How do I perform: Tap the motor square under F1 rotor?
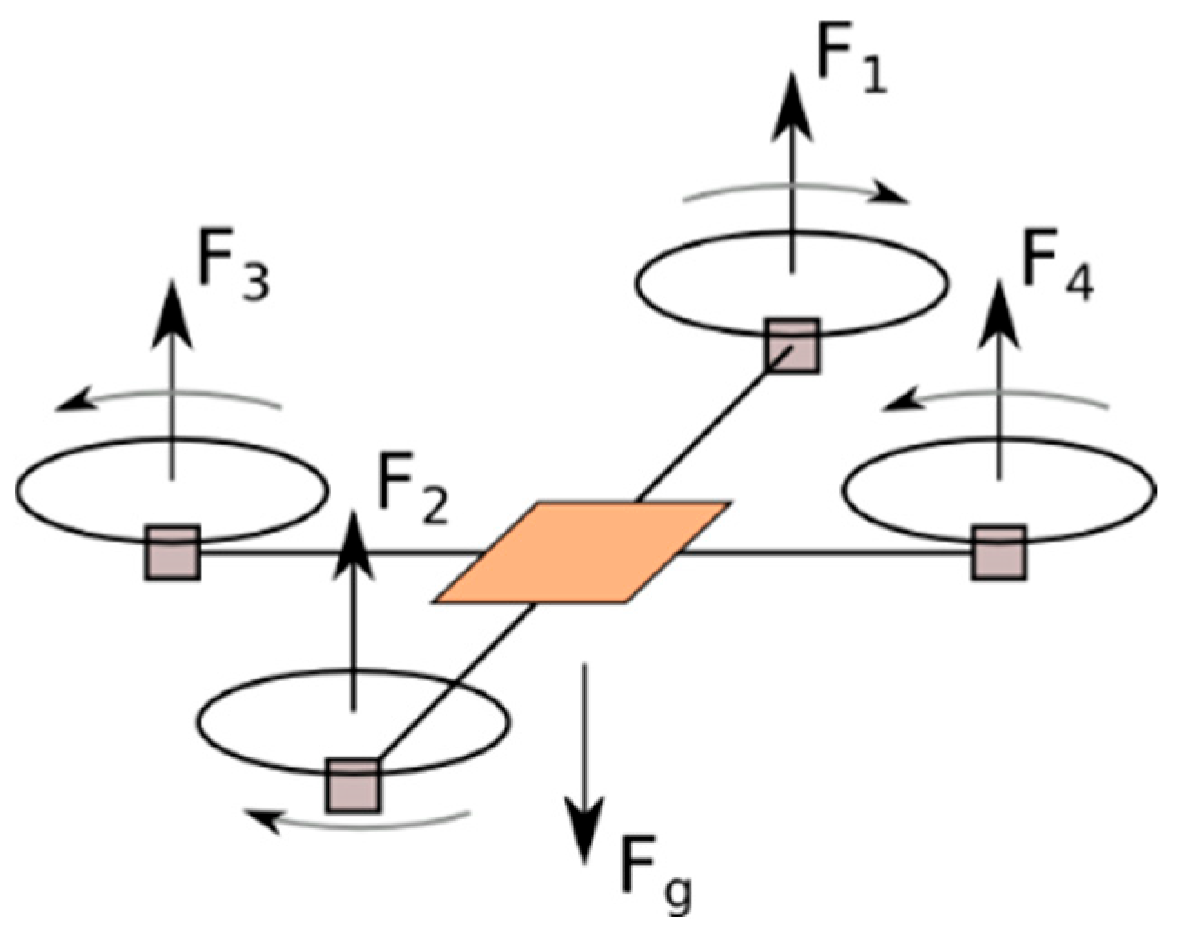pyautogui.click(x=792, y=346)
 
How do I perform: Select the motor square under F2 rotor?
pyautogui.click(x=354, y=786)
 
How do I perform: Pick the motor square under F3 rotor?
pyautogui.click(x=172, y=552)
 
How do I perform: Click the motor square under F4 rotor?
pyautogui.click(x=999, y=552)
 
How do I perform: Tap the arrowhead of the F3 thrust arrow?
pyautogui.click(x=171, y=313)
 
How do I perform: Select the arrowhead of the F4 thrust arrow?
pyautogui.click(x=1000, y=312)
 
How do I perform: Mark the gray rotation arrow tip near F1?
pyautogui.click(x=894, y=196)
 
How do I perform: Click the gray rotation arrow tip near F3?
pyautogui.click(x=68, y=404)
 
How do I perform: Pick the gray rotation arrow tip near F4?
pyautogui.click(x=897, y=402)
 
